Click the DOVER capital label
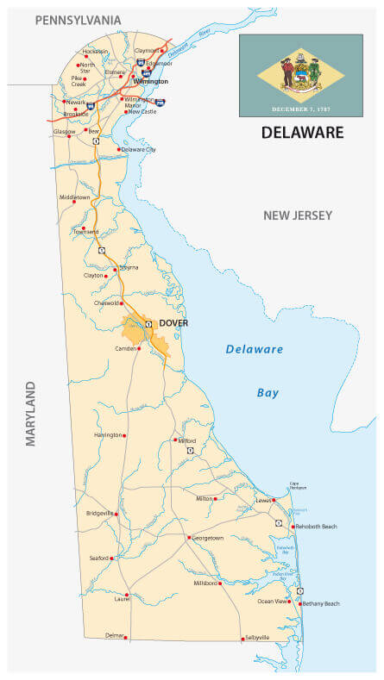[x=173, y=323]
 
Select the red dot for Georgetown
[x=189, y=538]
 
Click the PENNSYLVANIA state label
[x=78, y=19]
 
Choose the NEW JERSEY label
[x=297, y=215]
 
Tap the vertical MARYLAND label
[x=31, y=413]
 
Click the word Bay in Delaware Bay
[x=268, y=393]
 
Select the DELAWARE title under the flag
[x=302, y=133]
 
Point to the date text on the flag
[x=300, y=109]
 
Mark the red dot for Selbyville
[x=242, y=639]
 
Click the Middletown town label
[x=74, y=197]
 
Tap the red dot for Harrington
[x=124, y=435]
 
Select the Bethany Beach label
[x=321, y=604]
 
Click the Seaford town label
[x=98, y=558]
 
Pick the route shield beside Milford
[x=190, y=451]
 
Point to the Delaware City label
[x=139, y=149]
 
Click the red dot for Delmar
[x=126, y=637]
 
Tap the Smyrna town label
[x=129, y=268]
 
